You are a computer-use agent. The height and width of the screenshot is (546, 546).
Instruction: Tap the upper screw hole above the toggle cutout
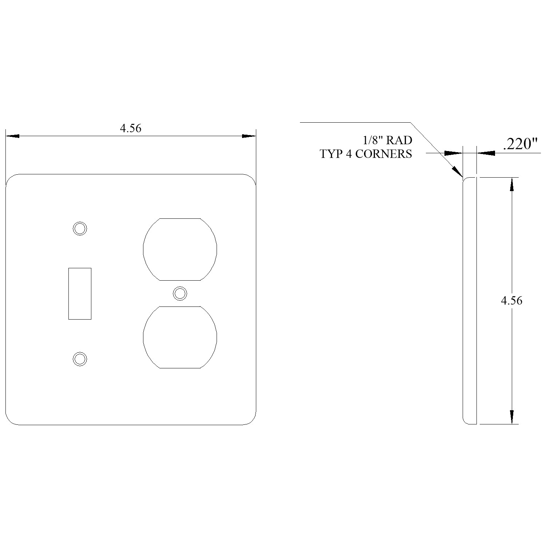tap(80, 228)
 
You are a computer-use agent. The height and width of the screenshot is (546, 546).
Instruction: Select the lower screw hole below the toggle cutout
tap(80, 359)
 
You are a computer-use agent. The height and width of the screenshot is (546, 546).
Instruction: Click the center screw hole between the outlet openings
tap(180, 293)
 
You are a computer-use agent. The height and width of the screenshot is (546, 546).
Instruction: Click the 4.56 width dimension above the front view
tap(131, 128)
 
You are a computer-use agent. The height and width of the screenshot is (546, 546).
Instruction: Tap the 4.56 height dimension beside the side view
tap(511, 301)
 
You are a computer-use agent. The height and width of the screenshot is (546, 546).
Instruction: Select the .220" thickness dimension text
tap(521, 144)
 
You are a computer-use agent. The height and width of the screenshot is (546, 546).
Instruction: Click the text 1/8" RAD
tap(387, 140)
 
